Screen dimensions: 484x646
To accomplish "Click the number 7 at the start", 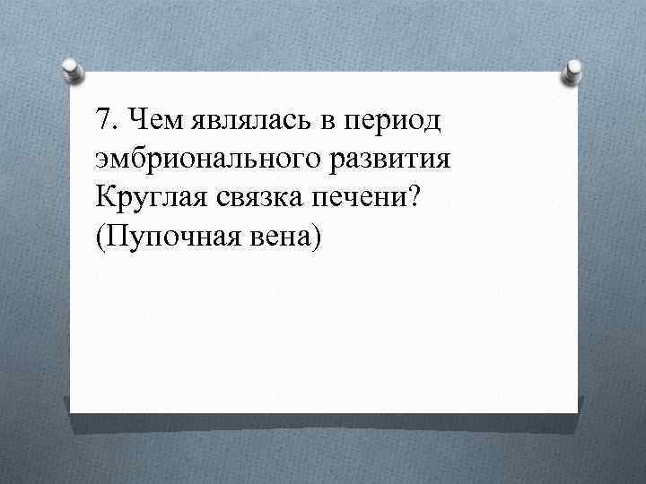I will (x=100, y=118).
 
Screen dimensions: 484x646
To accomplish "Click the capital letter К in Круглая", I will (x=102, y=199).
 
